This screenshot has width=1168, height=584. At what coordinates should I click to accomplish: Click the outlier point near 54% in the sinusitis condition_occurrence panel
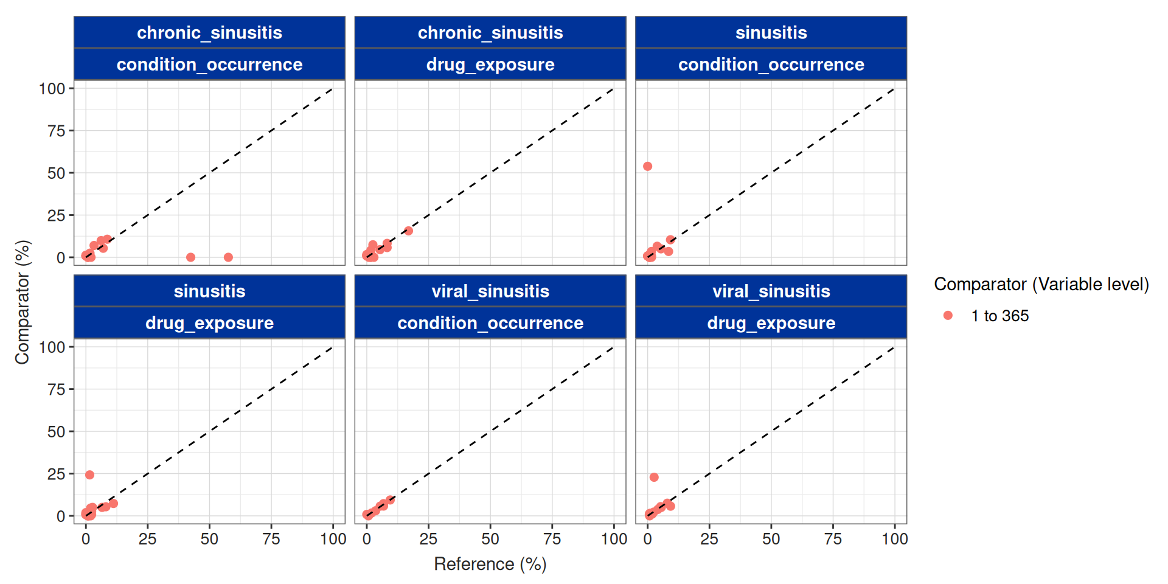coord(647,166)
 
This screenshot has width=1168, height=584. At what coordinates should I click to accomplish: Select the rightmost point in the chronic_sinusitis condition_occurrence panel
coord(228,257)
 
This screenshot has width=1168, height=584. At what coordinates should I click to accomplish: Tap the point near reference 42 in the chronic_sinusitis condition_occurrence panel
coord(190,257)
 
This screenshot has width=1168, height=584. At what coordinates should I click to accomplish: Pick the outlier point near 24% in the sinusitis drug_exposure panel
coord(89,474)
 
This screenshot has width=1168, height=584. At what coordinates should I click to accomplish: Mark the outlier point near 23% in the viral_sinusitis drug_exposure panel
coord(654,477)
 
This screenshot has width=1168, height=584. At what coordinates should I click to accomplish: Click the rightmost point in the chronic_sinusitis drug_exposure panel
coord(408,231)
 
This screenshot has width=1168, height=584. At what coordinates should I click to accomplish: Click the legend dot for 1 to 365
coord(948,315)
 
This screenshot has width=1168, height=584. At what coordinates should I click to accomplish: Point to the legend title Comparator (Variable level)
coord(1041,284)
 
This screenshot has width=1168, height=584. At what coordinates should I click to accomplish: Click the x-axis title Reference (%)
coord(490,564)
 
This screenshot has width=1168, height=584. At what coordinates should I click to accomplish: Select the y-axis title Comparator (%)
coord(23,302)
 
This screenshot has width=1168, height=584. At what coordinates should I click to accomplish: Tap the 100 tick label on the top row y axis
coord(52,89)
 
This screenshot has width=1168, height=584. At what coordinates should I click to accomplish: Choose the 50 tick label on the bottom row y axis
coord(56,432)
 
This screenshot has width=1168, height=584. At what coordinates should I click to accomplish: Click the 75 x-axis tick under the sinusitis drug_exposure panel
coord(271,539)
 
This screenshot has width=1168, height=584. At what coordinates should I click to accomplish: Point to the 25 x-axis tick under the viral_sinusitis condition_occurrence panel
coord(428,539)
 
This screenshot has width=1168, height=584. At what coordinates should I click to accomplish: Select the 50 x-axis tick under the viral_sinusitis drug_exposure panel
coord(771,539)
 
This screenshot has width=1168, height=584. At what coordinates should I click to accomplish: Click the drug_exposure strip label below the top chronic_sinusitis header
coord(490,64)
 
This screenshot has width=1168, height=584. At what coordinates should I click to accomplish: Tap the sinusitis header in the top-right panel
coord(771,33)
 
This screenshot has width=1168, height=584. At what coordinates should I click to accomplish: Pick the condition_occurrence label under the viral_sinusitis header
coord(490,323)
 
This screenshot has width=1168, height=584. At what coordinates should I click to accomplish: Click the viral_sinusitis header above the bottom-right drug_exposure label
coord(771,291)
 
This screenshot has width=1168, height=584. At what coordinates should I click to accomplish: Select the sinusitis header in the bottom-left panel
coord(209,291)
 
